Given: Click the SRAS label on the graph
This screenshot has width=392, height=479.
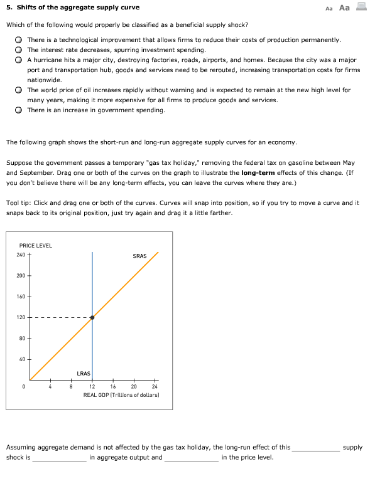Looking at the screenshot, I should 139,256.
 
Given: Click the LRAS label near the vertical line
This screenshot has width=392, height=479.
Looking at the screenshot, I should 83,373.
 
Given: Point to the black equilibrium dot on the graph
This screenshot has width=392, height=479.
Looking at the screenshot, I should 92,317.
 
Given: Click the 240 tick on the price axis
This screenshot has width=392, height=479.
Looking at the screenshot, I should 22,255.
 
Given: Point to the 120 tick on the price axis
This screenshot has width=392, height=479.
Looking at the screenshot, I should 22,317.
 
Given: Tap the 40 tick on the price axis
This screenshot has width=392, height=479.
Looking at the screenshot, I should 22,359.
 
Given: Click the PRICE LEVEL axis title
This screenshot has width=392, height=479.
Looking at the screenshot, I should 35,245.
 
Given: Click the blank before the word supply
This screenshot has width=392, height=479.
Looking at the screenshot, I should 315,448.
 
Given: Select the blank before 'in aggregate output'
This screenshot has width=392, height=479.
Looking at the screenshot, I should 60,458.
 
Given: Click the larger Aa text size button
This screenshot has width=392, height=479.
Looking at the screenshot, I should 344,8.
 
